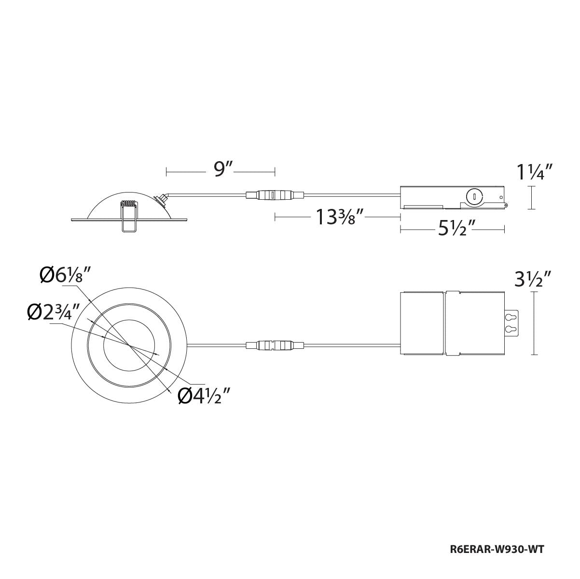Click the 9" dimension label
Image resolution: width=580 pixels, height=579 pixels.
point(223,170)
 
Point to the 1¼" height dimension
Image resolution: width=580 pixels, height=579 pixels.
point(535,172)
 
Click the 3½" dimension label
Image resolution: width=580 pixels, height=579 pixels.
point(532,279)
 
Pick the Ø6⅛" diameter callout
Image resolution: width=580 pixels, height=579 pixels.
point(66,276)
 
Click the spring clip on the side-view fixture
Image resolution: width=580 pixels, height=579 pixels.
point(128,216)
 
